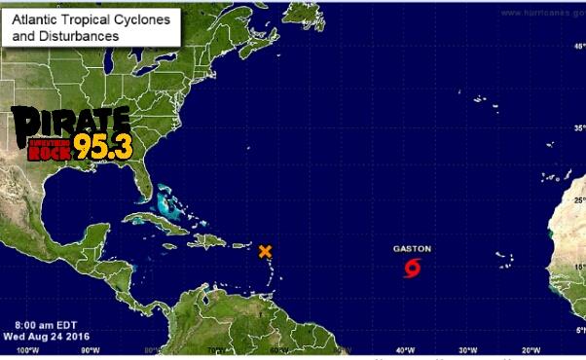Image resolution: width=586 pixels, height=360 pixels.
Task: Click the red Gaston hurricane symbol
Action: point(414,267)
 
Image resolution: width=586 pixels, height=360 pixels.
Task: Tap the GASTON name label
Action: point(412,249)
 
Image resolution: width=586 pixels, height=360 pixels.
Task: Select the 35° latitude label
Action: point(576,127)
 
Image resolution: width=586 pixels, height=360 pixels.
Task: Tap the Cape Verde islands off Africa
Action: point(503,258)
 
